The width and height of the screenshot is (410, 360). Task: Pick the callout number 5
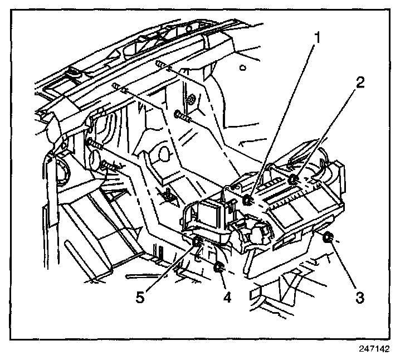141,297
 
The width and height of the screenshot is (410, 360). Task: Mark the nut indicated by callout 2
293,179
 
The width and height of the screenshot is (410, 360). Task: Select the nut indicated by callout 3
328,239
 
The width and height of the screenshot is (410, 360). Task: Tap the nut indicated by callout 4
219,268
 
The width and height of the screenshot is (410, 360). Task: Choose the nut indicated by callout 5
198,241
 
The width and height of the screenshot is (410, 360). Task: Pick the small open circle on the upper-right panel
242,68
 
